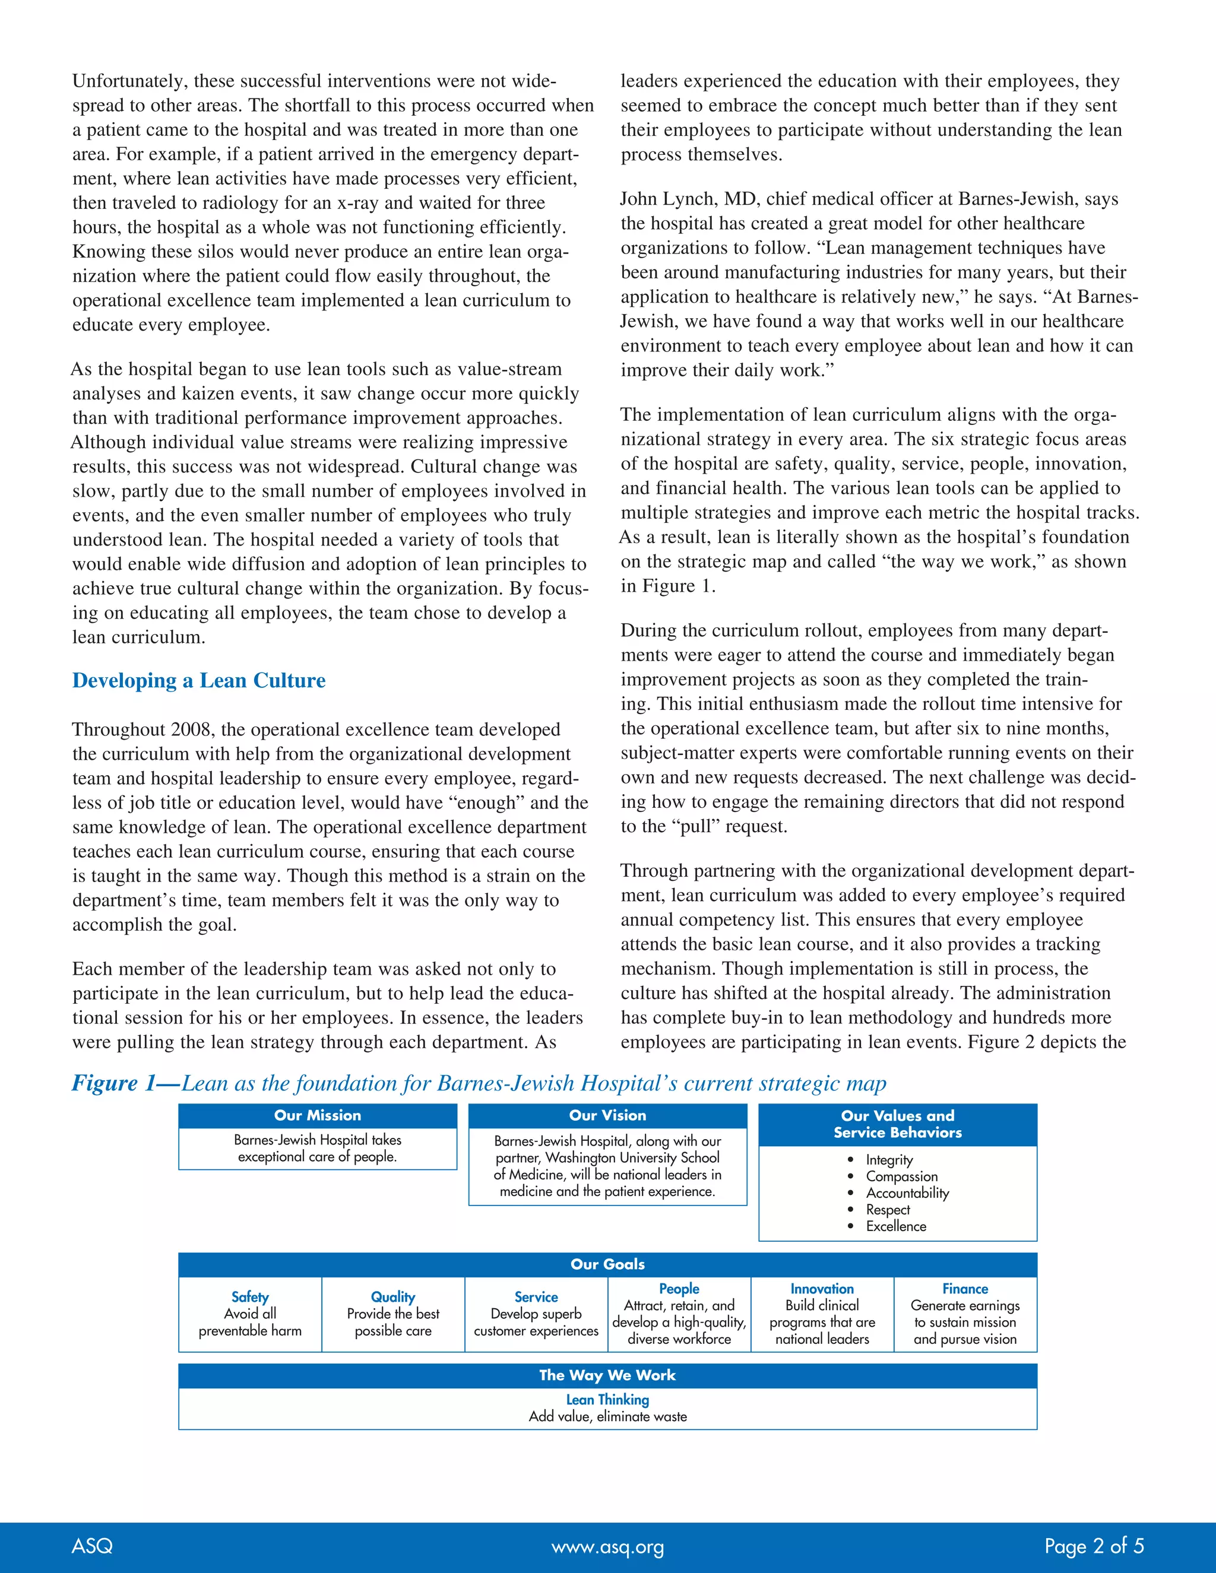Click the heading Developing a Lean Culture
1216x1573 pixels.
pyautogui.click(x=199, y=681)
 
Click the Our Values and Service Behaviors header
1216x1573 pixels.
pyautogui.click(x=898, y=1124)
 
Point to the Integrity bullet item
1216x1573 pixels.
pyautogui.click(x=889, y=1160)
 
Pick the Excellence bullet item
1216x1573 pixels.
pyautogui.click(x=895, y=1226)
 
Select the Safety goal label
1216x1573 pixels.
pyautogui.click(x=250, y=1297)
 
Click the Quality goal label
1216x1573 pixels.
pyautogui.click(x=392, y=1297)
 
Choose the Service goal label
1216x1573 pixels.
pyautogui.click(x=536, y=1297)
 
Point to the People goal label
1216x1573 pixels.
pyautogui.click(x=679, y=1289)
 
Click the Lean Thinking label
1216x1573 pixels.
pyautogui.click(x=607, y=1400)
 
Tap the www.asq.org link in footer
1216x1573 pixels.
pyautogui.click(x=607, y=1547)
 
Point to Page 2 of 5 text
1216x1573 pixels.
pyautogui.click(x=1094, y=1546)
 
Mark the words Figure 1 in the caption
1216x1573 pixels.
pyautogui.click(x=114, y=1084)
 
